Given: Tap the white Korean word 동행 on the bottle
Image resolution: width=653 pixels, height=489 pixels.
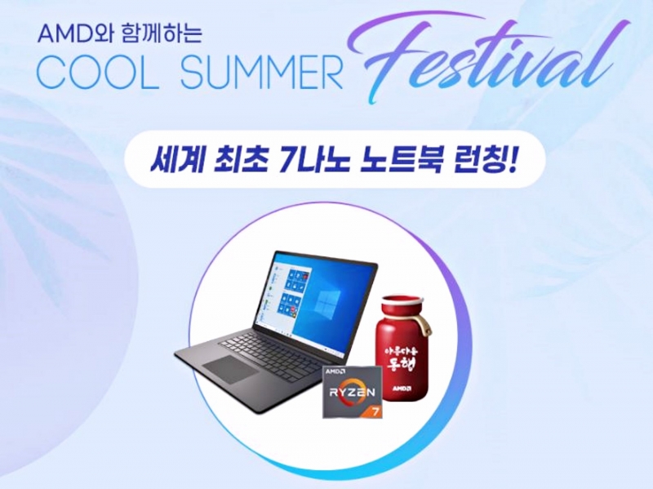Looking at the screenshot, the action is (x=401, y=364).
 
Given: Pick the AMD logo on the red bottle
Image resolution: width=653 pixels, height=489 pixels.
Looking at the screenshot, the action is (x=401, y=389).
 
